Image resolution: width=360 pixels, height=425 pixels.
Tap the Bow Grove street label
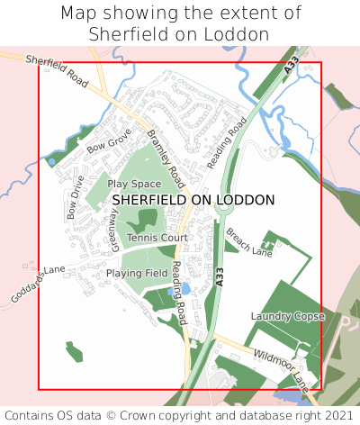[x=109, y=140]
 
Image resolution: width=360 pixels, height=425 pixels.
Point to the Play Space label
[x=134, y=184]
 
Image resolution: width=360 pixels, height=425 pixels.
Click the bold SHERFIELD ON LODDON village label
[x=193, y=200]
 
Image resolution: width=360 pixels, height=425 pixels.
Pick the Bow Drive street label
[x=76, y=197]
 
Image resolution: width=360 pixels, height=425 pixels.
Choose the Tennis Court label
[x=157, y=238]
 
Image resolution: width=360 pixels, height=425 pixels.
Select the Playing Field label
[x=137, y=273]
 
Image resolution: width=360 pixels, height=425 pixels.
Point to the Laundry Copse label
[x=287, y=317]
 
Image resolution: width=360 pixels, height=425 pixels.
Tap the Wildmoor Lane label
[x=281, y=367]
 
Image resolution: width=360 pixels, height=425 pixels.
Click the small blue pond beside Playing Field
[x=184, y=289]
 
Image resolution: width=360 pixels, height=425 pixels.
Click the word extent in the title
[x=257, y=14]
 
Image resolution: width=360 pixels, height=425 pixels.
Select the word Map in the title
[x=78, y=14]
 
